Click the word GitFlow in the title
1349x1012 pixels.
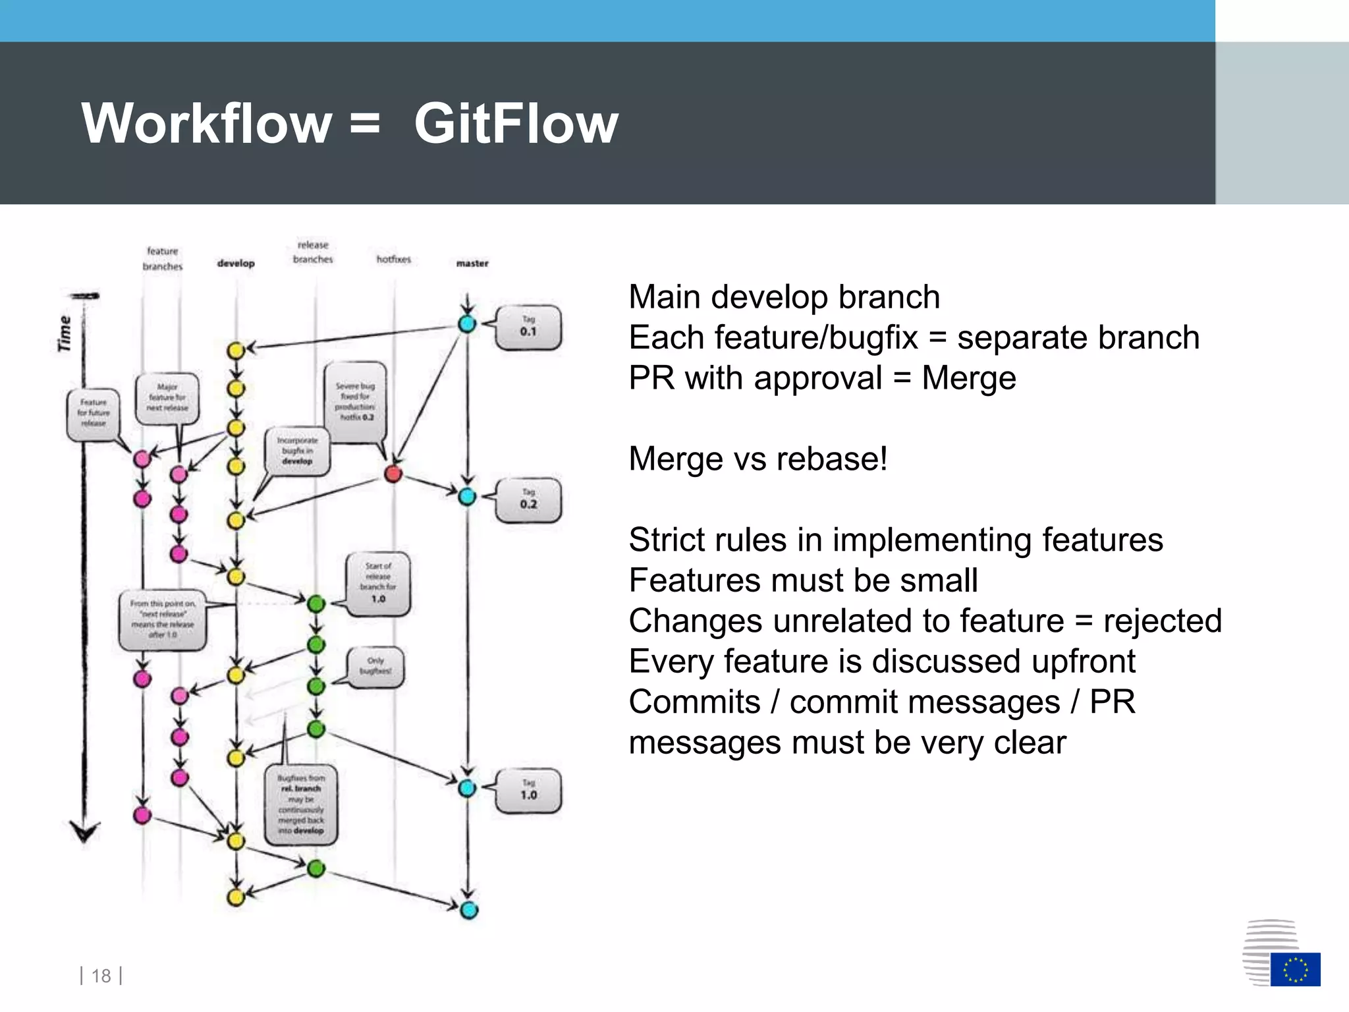coord(516,124)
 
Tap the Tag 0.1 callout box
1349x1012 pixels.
coord(528,327)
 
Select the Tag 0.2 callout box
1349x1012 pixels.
coord(528,500)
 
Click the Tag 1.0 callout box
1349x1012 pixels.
coord(528,791)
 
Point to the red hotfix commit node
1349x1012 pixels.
coord(393,473)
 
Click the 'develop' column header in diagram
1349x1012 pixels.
coord(236,264)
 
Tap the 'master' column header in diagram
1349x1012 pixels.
coord(472,264)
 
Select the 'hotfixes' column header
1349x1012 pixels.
coord(393,260)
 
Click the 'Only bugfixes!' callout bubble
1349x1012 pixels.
coord(375,666)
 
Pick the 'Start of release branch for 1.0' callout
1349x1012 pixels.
coord(378,583)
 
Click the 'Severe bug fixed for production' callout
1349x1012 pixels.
coord(356,401)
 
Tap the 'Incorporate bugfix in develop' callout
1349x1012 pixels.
coord(297,451)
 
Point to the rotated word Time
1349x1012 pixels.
coord(65,333)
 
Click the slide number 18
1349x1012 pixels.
coord(101,976)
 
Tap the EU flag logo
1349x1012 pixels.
coord(1295,969)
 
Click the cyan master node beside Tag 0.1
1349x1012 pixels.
coord(467,323)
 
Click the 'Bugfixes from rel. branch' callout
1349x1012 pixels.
coord(301,804)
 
